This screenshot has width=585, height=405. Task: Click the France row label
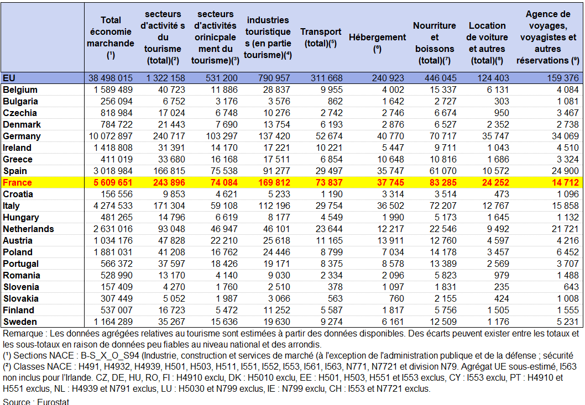coord(18,182)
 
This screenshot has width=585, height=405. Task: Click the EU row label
coord(9,78)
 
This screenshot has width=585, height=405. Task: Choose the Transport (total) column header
coord(321,37)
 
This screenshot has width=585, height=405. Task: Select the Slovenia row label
coord(21,287)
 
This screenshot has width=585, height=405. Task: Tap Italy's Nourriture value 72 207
coord(440,206)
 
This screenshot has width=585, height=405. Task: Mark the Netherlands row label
coord(28,229)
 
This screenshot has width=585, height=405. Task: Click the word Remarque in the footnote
coord(22,334)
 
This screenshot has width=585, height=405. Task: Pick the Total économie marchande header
coord(111,37)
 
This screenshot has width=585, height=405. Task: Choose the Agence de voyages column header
coord(548,37)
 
